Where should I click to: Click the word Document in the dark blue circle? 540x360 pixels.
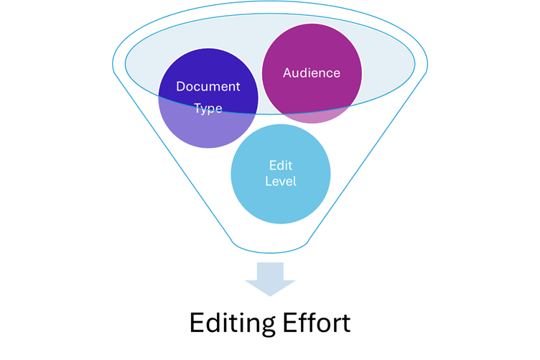[x=208, y=87]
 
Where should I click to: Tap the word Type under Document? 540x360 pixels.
[x=208, y=109]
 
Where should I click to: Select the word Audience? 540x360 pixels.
[x=311, y=73]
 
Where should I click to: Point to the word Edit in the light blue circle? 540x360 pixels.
[x=280, y=164]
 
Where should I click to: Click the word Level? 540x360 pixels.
[x=280, y=181]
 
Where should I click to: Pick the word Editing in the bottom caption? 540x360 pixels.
[x=229, y=323]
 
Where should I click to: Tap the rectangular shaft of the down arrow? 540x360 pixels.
[x=269, y=269]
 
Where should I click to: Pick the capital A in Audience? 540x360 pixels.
[x=287, y=73]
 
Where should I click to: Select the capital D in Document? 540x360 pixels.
[x=180, y=87]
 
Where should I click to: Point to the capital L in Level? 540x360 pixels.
[x=268, y=181]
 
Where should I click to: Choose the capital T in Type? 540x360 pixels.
[x=197, y=108]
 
